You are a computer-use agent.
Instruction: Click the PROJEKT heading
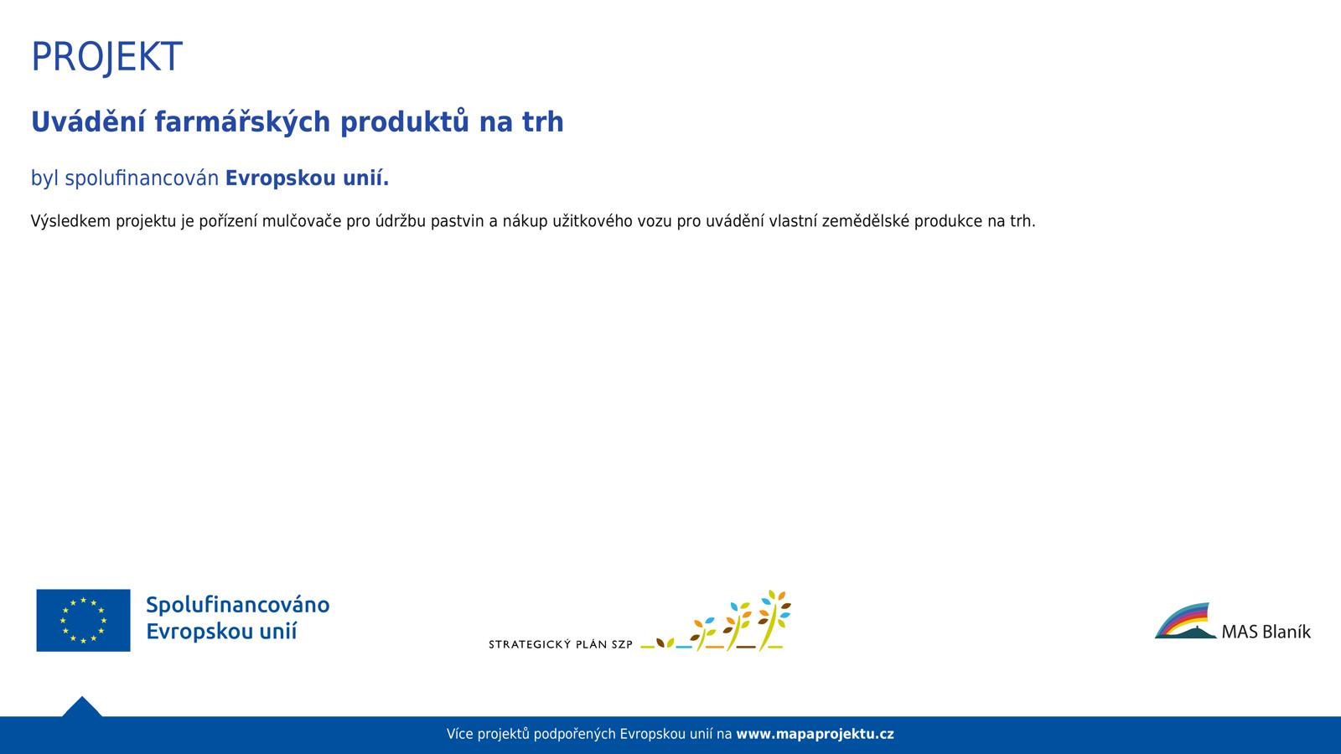[106, 58]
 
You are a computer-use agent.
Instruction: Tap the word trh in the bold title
[543, 121]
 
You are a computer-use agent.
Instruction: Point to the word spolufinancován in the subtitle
[142, 178]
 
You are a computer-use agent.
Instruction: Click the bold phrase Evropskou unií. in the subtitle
[307, 178]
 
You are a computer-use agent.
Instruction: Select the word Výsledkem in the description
[70, 221]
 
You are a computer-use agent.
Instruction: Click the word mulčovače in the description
[303, 221]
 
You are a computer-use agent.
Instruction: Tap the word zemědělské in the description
[866, 221]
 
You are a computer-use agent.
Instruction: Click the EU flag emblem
[83, 620]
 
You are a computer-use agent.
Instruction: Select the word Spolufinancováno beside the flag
[238, 605]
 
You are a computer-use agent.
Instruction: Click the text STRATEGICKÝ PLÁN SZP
[561, 644]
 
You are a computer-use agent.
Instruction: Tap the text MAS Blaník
[1266, 632]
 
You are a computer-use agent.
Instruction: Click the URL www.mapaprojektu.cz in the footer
[815, 734]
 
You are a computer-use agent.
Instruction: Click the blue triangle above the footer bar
[82, 707]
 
